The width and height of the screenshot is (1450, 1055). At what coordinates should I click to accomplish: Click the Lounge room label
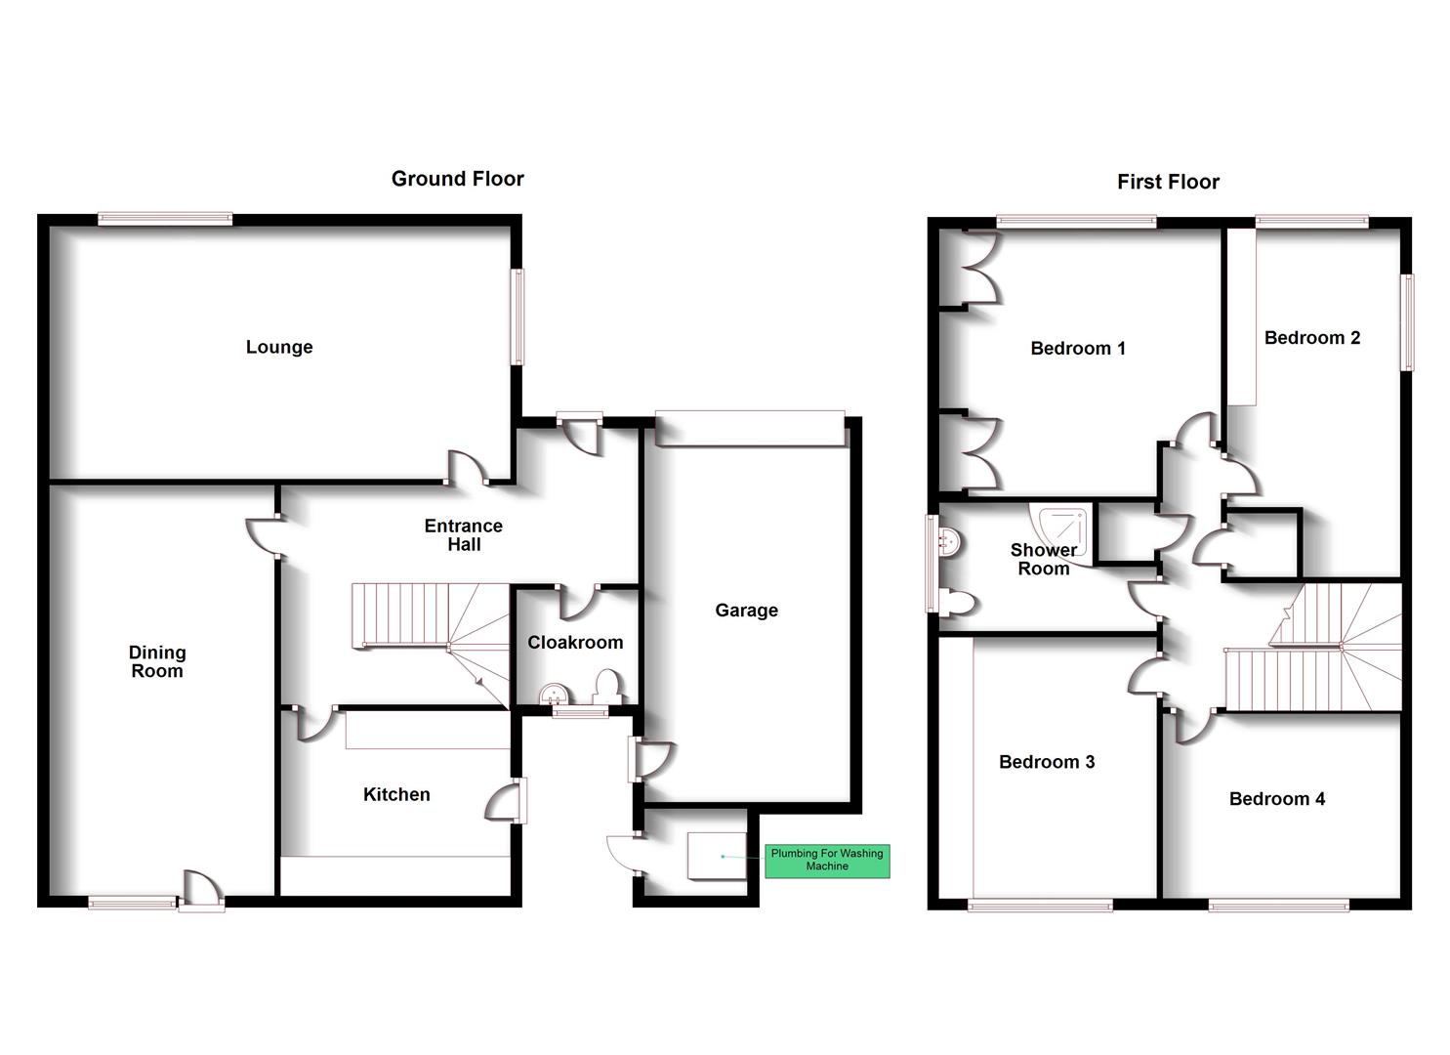[x=279, y=347]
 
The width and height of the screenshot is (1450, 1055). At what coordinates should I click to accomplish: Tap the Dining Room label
[x=157, y=661]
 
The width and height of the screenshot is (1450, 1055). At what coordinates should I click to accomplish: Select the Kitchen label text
[x=396, y=794]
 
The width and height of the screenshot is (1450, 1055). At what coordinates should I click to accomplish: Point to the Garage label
[x=746, y=611]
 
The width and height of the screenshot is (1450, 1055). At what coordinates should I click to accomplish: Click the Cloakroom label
[x=575, y=642]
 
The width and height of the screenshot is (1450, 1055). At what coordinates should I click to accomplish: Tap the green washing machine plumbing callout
[x=827, y=860]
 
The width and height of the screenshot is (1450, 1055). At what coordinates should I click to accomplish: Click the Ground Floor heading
[x=457, y=179]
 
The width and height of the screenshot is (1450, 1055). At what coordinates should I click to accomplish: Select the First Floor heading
[x=1168, y=182]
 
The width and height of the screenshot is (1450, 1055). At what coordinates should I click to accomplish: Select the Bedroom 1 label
[x=1078, y=348]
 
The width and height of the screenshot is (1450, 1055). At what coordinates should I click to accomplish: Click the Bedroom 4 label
[x=1276, y=799]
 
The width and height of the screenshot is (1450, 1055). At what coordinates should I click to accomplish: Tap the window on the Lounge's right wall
[x=518, y=316]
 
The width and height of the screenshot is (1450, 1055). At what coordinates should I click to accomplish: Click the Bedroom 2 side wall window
[x=1407, y=322]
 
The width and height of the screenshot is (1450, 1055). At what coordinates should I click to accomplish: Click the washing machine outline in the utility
[x=717, y=857]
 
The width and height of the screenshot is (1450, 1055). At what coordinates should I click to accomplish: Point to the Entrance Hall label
[x=464, y=534]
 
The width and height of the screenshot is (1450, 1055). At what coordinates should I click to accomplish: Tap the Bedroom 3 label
[x=1046, y=762]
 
